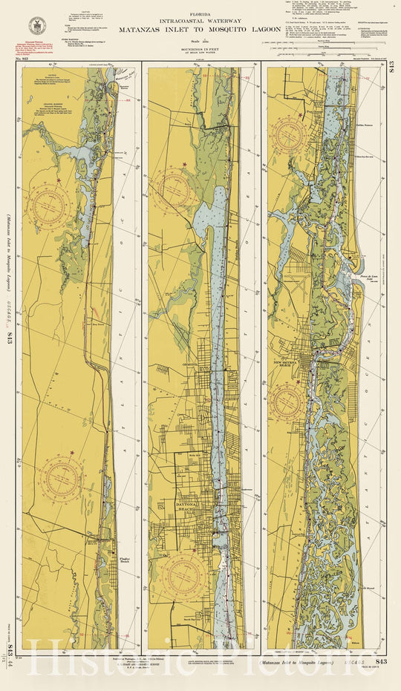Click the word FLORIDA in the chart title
click(200, 13)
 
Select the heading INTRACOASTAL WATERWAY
click(200, 22)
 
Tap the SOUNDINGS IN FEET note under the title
click(200, 50)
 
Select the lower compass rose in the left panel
click(63, 477)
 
